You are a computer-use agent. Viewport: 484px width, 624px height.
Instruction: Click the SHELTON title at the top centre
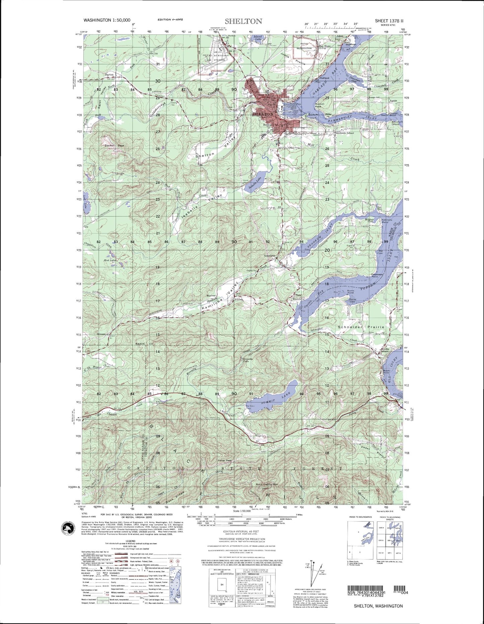243,21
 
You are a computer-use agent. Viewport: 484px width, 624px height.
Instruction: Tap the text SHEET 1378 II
389,20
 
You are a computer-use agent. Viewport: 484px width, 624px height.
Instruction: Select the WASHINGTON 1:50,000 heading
107,20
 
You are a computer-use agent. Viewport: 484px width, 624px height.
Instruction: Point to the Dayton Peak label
114,145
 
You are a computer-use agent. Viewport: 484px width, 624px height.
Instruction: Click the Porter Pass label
225,460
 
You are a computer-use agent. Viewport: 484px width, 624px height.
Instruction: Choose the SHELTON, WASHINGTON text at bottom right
378,606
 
